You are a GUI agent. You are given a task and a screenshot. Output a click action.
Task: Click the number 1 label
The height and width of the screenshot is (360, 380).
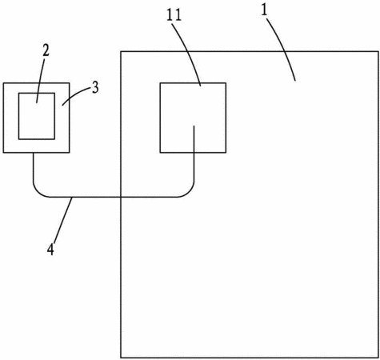point(264,11)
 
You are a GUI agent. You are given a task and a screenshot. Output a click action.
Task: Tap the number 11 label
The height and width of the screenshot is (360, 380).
point(174,15)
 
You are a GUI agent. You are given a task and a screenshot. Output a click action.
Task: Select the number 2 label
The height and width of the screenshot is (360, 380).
point(46,50)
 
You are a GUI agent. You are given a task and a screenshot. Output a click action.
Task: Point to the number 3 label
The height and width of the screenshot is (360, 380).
point(95,87)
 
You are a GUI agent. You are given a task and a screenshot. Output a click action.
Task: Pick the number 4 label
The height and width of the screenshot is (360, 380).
point(50,250)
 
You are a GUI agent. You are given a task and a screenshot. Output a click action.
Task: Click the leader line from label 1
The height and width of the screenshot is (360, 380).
point(283,48)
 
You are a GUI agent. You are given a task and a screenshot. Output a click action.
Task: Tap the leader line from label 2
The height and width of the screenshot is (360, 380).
point(40,80)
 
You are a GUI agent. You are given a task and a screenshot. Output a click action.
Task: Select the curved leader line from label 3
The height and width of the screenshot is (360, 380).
point(76,95)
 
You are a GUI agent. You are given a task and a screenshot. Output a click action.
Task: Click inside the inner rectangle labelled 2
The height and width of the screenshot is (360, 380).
point(37,116)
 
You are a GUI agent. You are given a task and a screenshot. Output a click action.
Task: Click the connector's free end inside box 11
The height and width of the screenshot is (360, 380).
point(194,126)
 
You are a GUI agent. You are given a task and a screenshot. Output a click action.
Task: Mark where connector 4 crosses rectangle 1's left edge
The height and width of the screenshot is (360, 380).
point(121,197)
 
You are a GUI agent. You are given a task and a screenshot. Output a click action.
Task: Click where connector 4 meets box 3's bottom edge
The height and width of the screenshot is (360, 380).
point(34,153)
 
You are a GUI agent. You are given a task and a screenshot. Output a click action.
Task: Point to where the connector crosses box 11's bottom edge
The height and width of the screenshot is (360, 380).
point(194,153)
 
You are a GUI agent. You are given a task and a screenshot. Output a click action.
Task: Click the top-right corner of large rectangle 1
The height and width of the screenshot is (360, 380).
point(378,51)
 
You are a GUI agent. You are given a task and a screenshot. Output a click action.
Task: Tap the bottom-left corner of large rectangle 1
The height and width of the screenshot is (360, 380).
point(121,358)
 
